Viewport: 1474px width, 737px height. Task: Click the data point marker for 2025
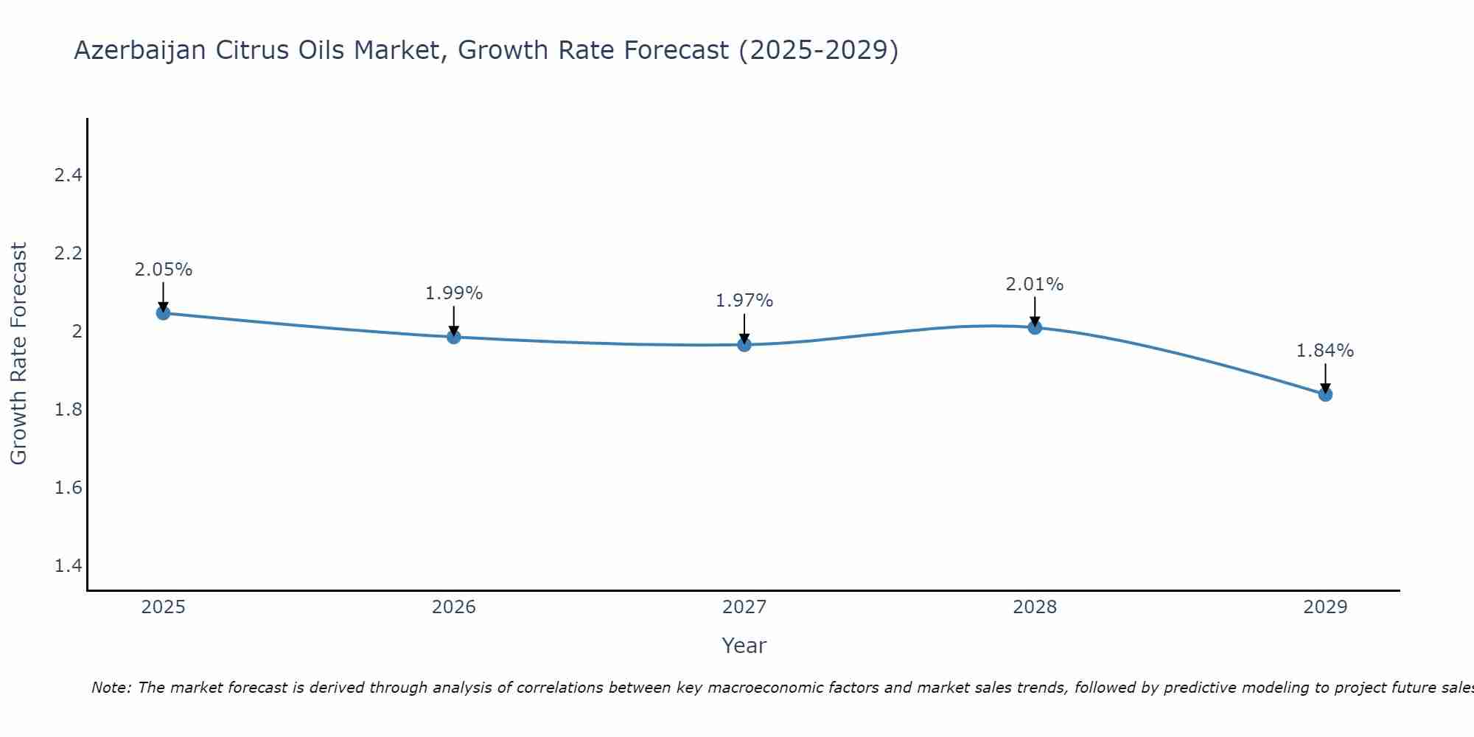point(164,313)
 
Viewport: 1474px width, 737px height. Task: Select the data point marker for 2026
point(454,337)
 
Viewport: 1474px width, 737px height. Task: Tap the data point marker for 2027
point(744,344)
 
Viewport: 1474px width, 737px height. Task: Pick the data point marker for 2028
point(1035,327)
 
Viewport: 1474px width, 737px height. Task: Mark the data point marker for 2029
point(1325,394)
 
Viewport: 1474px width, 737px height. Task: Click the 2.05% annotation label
point(164,270)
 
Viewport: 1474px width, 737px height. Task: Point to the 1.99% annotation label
point(454,293)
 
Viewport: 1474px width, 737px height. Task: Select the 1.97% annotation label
point(744,301)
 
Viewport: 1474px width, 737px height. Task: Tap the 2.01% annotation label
point(1035,284)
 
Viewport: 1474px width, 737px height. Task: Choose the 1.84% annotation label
point(1325,351)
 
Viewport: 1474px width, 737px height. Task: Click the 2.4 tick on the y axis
point(68,175)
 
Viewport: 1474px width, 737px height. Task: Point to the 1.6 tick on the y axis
point(68,488)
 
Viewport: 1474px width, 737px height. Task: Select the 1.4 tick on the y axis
point(68,566)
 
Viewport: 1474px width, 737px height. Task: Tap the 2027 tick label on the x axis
point(744,607)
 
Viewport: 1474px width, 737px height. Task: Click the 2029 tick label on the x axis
point(1325,607)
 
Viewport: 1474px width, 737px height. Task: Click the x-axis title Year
point(744,646)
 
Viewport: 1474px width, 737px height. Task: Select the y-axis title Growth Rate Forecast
point(19,354)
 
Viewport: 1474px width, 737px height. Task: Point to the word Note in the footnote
point(111,688)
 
